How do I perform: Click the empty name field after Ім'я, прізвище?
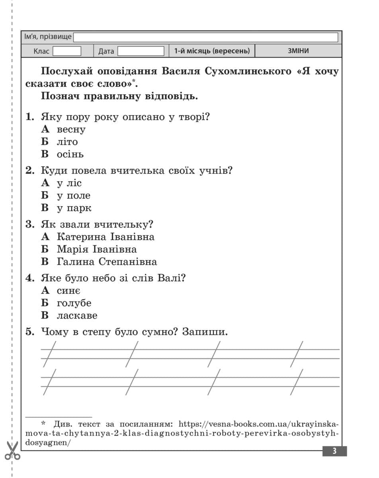(x=205, y=37)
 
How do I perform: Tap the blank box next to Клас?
(x=67, y=51)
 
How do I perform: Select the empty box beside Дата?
(x=141, y=51)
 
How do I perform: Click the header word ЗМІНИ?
(x=298, y=51)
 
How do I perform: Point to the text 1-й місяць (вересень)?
(x=212, y=51)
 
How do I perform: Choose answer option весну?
(x=71, y=129)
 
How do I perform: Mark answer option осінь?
(x=70, y=154)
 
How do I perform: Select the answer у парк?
(x=74, y=208)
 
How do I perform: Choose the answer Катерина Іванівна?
(x=105, y=237)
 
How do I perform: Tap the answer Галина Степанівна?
(x=107, y=262)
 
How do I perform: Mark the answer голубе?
(x=74, y=303)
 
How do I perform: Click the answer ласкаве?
(x=77, y=315)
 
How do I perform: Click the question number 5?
(x=30, y=332)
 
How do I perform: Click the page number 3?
(x=334, y=451)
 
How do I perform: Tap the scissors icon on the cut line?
(x=12, y=451)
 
